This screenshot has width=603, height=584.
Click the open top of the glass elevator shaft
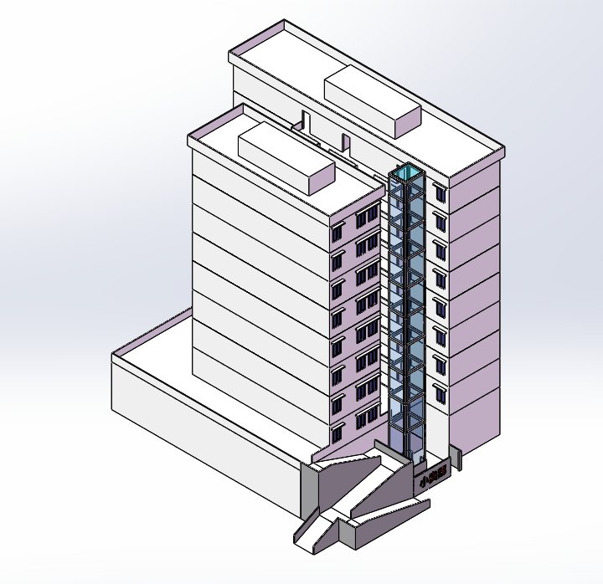click(x=408, y=173)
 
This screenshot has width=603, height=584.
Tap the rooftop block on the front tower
click(x=286, y=156)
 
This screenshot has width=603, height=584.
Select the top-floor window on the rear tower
click(x=440, y=194)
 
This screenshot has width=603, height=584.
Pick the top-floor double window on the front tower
click(x=366, y=218)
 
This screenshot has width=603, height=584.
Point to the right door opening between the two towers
click(x=344, y=142)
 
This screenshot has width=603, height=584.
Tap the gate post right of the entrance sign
click(x=456, y=458)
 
